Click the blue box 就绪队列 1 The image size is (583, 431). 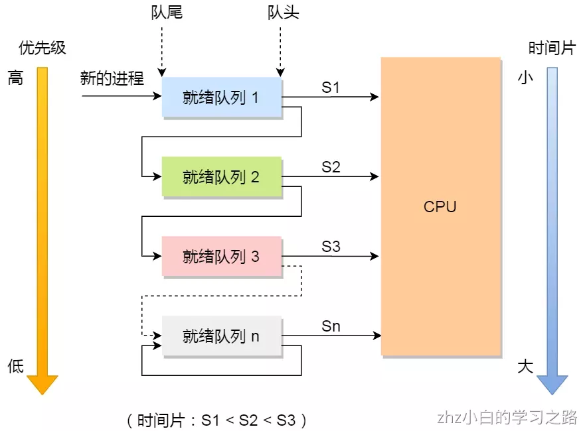pos(222,97)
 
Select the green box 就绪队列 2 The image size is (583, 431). pos(222,177)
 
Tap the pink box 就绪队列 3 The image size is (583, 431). pos(222,257)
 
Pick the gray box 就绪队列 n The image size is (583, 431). pos(222,336)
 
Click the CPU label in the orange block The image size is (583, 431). pos(440,206)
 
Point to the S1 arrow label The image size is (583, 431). pos(331,88)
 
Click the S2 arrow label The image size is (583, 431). pos(331,167)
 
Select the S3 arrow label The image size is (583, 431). pos(331,247)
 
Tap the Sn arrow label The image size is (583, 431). pos(331,326)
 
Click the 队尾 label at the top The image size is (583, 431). pos(167,13)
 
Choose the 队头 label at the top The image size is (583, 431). pos(284,13)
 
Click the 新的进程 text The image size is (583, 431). pos(112,78)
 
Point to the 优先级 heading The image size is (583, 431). pos(42,48)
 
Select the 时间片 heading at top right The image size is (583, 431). pos(551,48)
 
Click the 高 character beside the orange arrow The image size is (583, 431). pos(15,78)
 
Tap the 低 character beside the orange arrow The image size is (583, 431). pos(15,367)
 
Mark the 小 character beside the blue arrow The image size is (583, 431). pos(525,78)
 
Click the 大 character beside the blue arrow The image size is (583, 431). pos(525,367)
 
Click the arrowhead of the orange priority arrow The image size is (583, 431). pos(42,384)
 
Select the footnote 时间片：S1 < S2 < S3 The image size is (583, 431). pos(216,420)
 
